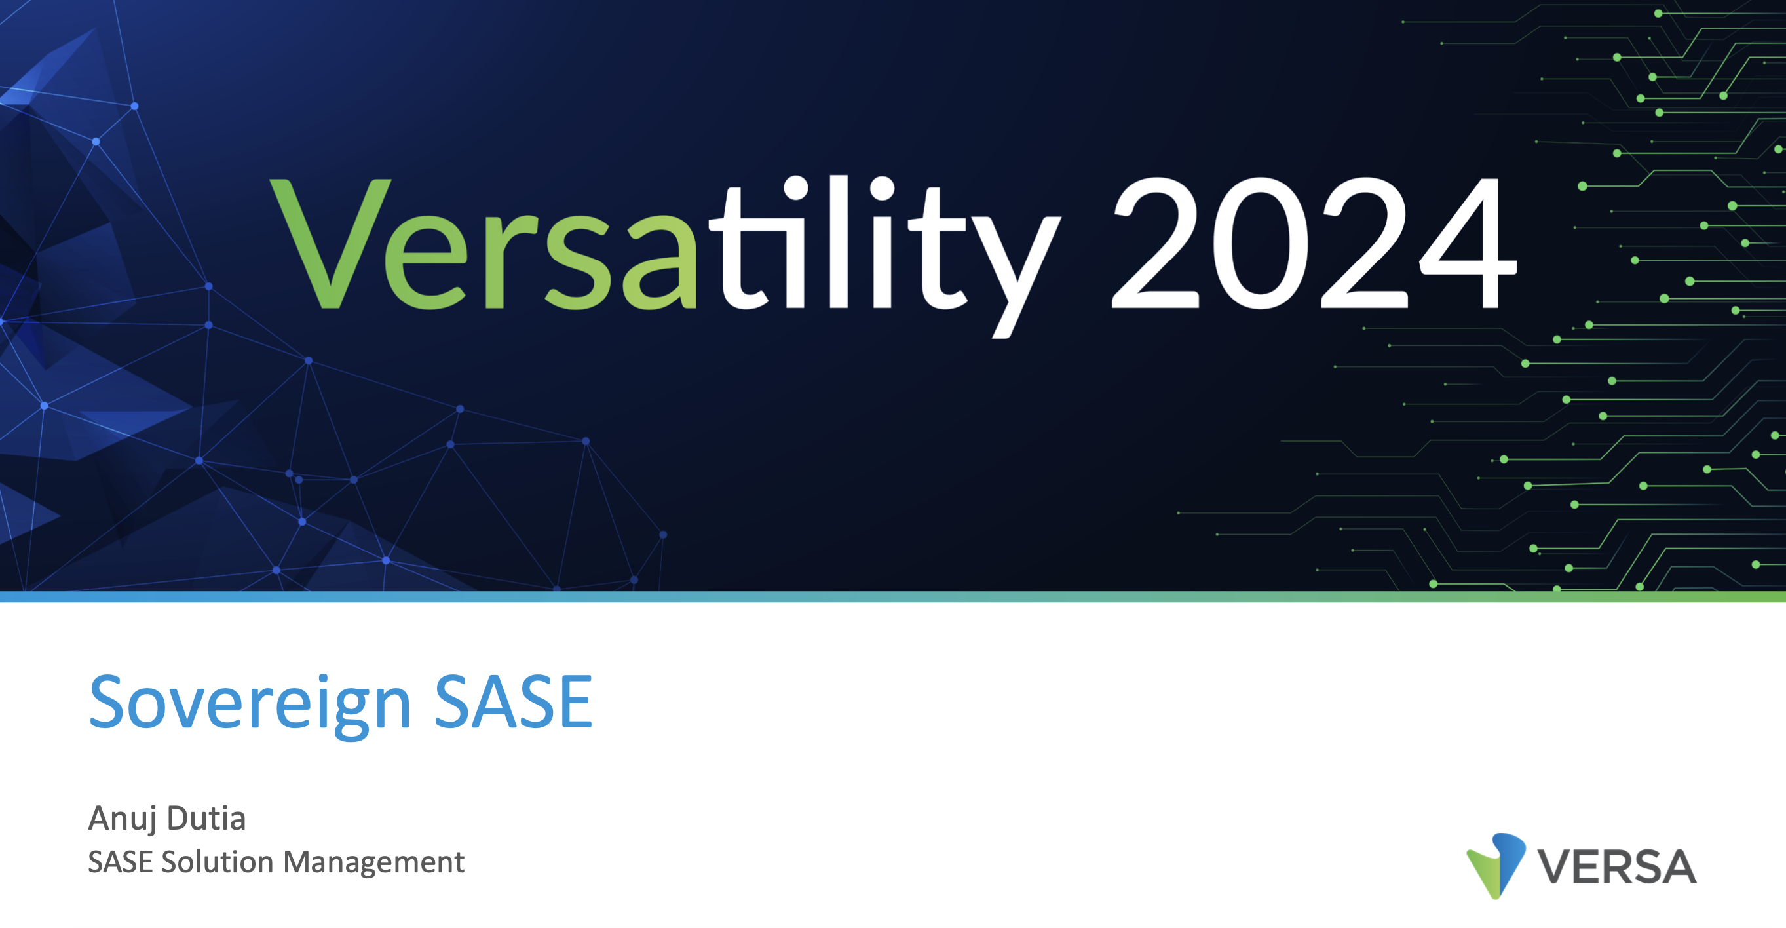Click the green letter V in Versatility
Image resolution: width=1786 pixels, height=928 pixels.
coord(330,242)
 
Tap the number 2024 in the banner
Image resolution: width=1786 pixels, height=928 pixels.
coord(1314,242)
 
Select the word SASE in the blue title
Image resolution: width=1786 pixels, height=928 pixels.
coord(513,702)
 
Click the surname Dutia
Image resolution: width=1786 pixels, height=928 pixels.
coord(206,818)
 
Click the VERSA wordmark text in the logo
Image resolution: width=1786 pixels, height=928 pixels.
coord(1617,866)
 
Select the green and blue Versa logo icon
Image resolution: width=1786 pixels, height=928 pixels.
coord(1496,866)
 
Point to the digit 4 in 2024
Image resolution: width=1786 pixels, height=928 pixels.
coord(1468,242)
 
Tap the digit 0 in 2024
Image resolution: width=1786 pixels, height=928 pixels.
coord(1260,242)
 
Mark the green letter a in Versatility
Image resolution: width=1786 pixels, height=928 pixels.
coord(658,261)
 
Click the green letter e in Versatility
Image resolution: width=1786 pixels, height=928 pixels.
coord(427,261)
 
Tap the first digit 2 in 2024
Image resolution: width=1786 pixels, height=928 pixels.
coord(1155,242)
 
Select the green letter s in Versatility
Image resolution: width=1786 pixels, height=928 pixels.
coord(579,261)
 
